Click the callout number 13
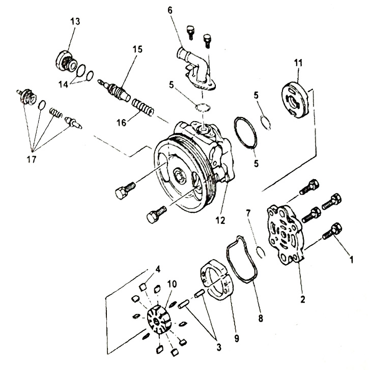pyautogui.click(x=75, y=21)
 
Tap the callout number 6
pyautogui.click(x=170, y=10)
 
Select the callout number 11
pyautogui.click(x=298, y=63)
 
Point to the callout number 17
pyautogui.click(x=32, y=159)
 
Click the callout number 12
pyautogui.click(x=220, y=220)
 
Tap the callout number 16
pyautogui.click(x=122, y=123)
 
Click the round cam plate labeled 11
pyautogui.click(x=295, y=99)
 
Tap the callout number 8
pyautogui.click(x=261, y=318)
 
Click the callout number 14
pyautogui.click(x=63, y=84)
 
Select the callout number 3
pyautogui.click(x=219, y=347)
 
